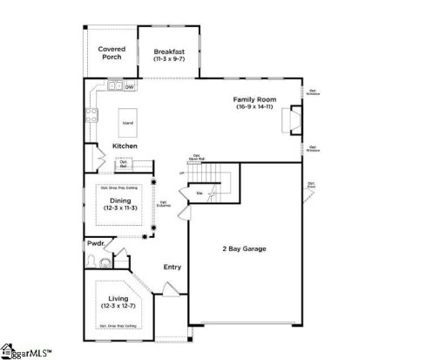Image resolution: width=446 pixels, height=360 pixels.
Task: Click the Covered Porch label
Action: tap(111, 53)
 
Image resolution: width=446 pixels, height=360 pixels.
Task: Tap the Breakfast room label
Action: tap(169, 52)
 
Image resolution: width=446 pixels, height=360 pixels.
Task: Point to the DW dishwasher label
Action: tap(130, 87)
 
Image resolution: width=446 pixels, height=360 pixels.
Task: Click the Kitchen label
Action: tap(125, 146)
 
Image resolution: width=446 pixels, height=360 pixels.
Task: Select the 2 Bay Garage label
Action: tap(245, 248)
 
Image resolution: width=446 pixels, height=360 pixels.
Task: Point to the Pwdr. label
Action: tap(95, 245)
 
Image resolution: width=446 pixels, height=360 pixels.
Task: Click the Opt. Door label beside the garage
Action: tap(311, 185)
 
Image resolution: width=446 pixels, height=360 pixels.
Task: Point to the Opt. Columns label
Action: tap(163, 205)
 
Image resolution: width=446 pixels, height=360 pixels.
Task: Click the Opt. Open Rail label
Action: tap(197, 159)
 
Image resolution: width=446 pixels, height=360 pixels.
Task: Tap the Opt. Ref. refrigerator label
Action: tap(125, 164)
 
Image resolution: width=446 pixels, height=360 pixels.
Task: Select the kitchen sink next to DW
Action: tap(114, 86)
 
